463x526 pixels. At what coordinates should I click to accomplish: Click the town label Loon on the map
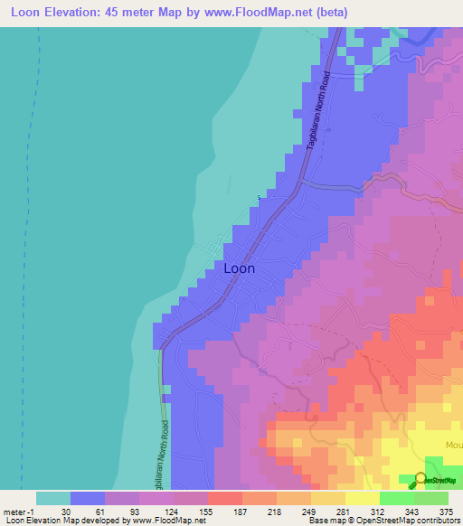point(239,268)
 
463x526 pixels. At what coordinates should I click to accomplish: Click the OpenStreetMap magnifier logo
point(420,480)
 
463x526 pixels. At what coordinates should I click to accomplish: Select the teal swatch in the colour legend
point(53,498)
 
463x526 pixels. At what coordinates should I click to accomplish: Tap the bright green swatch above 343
point(396,498)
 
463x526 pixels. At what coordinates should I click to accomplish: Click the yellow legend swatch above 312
point(362,498)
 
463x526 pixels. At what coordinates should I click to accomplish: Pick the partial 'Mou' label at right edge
point(452,446)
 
